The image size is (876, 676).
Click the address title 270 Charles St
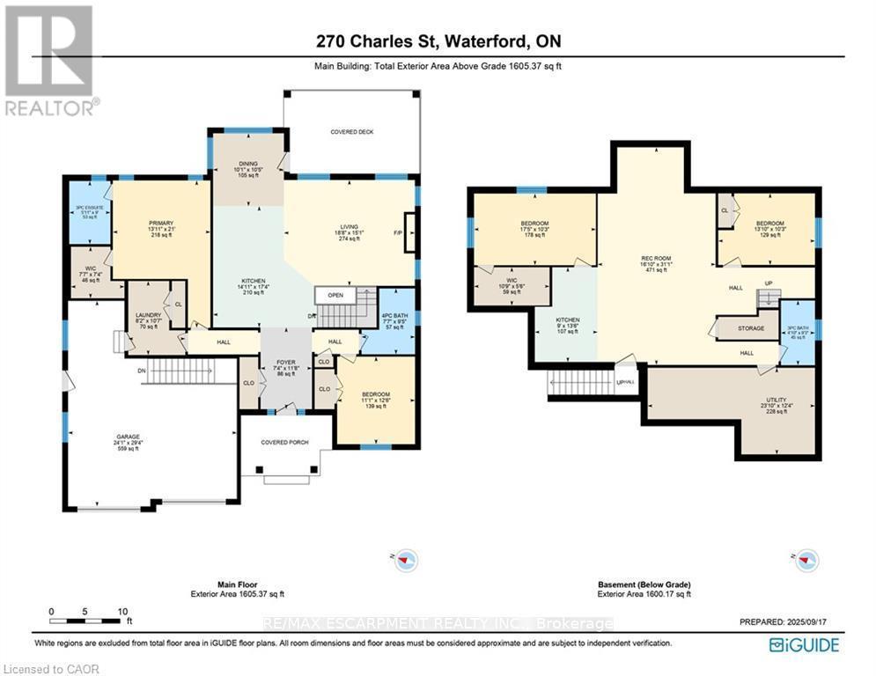point(438,40)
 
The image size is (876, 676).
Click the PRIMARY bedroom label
point(162,224)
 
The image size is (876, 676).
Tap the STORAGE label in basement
point(751,329)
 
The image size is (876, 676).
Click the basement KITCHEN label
point(567,320)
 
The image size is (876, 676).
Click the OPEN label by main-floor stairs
point(335,295)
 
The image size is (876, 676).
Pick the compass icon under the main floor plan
point(404,558)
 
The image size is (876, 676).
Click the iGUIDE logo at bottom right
point(803,644)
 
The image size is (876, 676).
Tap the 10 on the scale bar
point(122,611)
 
